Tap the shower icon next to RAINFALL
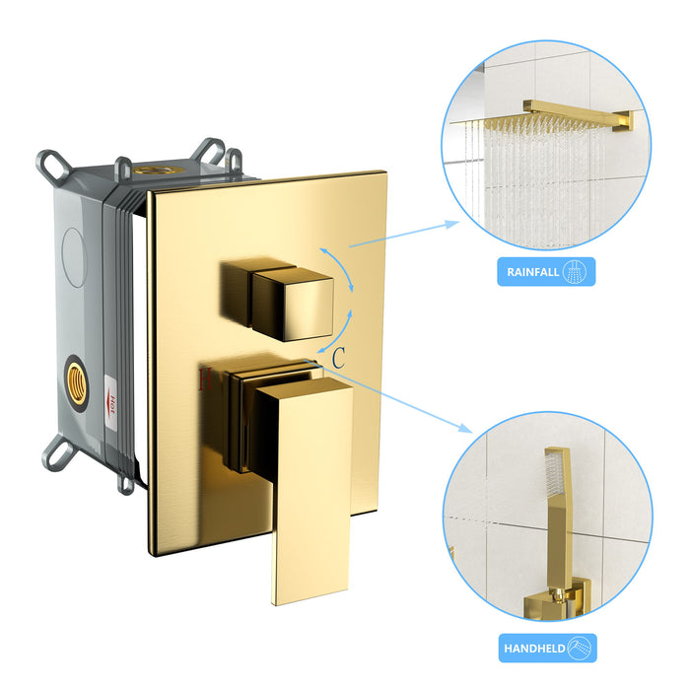click(x=578, y=272)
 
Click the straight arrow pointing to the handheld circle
click(x=404, y=394)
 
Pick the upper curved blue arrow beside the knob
click(x=344, y=259)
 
